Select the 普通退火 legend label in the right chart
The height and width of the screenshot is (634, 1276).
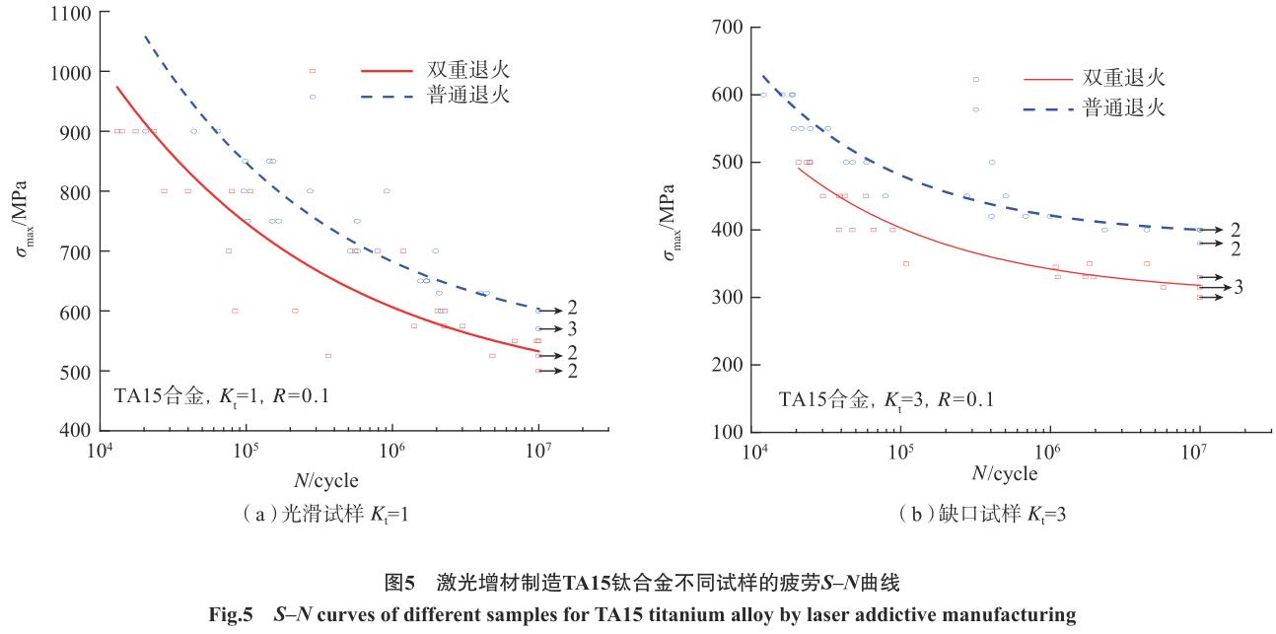pos(1124,107)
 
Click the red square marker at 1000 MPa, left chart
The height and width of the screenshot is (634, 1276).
pos(313,71)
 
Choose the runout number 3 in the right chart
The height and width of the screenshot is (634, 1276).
pos(1238,287)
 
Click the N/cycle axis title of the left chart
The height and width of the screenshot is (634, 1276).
pos(325,480)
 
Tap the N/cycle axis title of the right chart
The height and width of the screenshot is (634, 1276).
pos(1004,474)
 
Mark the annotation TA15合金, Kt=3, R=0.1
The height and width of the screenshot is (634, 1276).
pos(886,399)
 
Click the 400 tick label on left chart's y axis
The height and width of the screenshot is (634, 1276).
pos(74,431)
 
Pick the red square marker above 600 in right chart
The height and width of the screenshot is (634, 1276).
pos(976,79)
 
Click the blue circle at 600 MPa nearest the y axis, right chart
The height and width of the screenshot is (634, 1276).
pos(763,95)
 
